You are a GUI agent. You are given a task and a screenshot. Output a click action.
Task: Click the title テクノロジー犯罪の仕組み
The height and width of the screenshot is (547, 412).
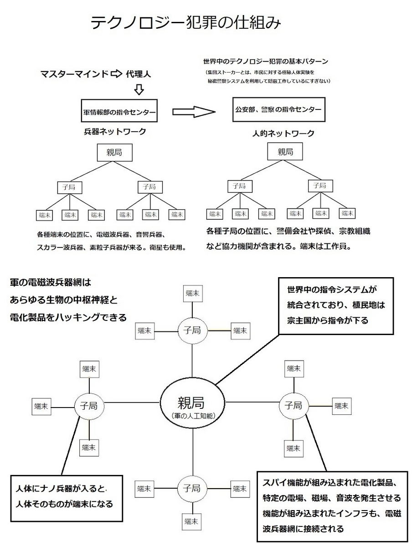[x=185, y=23]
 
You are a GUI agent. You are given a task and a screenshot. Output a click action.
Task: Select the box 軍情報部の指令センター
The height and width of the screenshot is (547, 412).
[x=119, y=111]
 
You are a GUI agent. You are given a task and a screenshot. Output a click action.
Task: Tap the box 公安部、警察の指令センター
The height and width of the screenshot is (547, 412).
[x=279, y=110]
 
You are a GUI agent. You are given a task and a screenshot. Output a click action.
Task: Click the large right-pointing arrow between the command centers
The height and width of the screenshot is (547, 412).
[x=194, y=112]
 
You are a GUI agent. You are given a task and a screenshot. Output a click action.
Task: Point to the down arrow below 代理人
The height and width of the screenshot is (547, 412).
[x=139, y=89]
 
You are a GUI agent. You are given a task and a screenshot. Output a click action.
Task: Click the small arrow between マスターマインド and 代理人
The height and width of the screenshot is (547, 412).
[x=116, y=74]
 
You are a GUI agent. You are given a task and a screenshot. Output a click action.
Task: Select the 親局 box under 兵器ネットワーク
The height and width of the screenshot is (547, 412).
[x=114, y=152]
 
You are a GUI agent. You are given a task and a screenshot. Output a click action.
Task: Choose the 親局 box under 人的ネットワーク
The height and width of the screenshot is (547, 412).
[x=285, y=151]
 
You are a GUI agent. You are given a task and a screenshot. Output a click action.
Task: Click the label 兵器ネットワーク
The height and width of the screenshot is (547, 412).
[x=115, y=132]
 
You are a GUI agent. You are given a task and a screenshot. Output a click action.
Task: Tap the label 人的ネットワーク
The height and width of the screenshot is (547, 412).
[x=283, y=134]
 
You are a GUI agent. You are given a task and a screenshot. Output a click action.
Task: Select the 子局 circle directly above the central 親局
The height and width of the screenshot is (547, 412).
[x=192, y=330]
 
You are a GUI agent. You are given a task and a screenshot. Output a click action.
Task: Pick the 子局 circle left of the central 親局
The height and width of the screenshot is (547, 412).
[x=89, y=406]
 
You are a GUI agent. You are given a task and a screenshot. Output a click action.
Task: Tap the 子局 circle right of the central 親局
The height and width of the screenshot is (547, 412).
[x=294, y=406]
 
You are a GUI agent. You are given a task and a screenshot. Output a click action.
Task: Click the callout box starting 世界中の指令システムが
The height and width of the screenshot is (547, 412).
[x=336, y=306]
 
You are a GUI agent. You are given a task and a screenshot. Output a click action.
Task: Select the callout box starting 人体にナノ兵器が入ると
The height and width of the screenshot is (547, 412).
[x=67, y=498]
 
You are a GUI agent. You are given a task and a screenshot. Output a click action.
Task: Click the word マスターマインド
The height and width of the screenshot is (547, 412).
[x=74, y=74]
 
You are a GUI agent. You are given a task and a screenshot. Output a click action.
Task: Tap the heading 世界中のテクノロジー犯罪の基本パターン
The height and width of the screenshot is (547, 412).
[x=266, y=61]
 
